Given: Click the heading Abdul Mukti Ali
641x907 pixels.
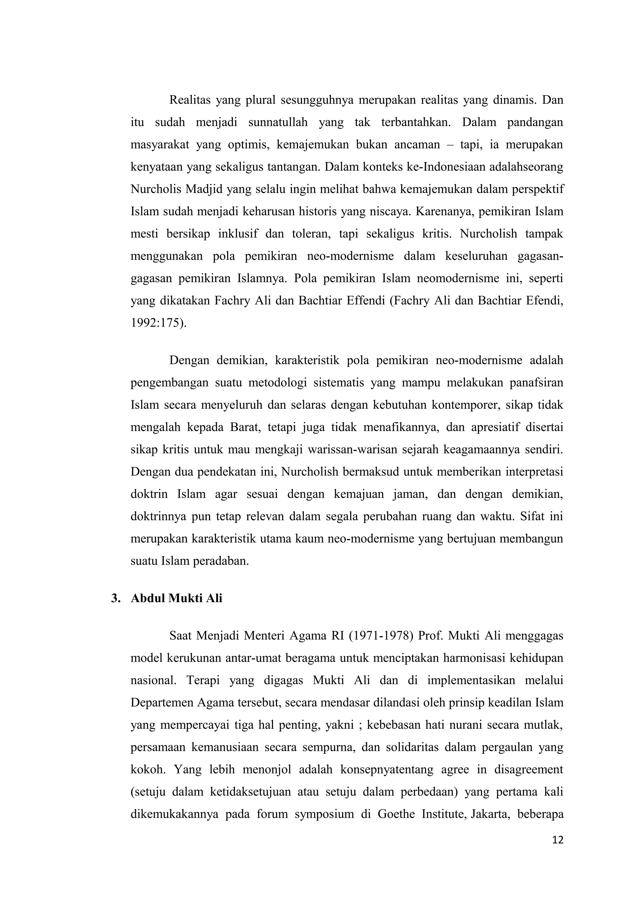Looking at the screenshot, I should tap(176, 598).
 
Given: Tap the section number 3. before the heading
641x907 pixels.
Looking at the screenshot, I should tap(116, 598).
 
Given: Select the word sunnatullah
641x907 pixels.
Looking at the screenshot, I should tap(278, 122).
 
